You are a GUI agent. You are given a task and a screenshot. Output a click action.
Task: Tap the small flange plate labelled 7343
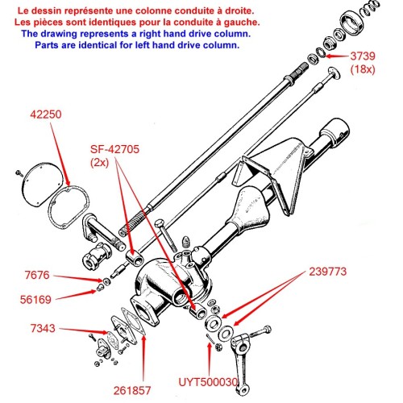121,335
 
